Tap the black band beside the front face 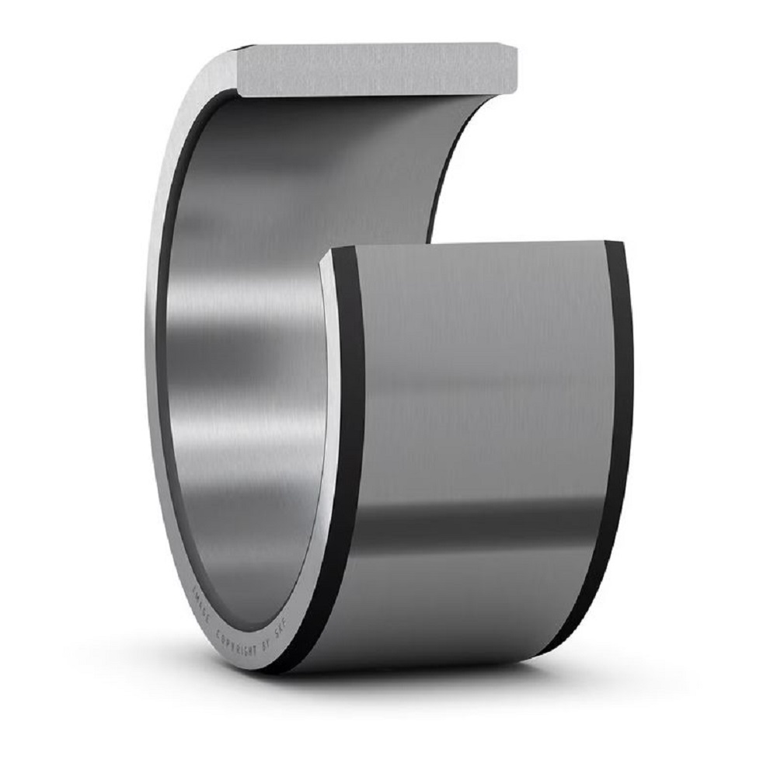[x=350, y=466]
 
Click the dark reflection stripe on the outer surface [x=482, y=528]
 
